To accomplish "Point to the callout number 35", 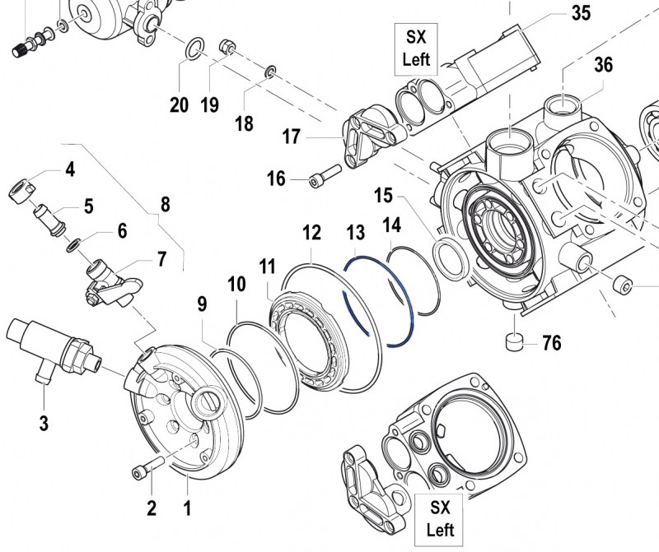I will point(582,14).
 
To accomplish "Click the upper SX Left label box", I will point(416,48).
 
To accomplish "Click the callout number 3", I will point(44,424).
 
